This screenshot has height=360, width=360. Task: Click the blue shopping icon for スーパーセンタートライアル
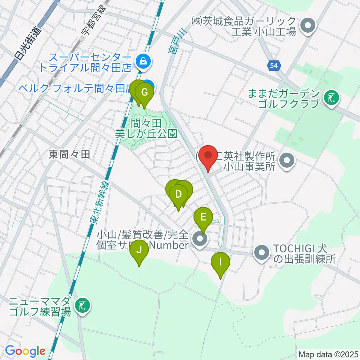[x=143, y=60]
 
